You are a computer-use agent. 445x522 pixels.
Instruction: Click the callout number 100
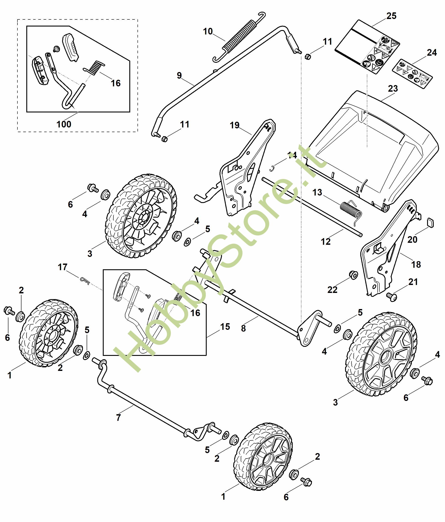64,124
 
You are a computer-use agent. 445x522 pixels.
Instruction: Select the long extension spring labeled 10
239,36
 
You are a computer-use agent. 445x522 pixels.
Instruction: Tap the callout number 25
391,16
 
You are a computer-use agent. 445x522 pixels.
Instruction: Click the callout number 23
393,88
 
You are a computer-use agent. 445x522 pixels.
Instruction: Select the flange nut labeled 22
353,275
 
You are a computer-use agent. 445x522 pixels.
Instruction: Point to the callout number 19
235,125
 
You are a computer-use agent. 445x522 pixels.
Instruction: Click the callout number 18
416,264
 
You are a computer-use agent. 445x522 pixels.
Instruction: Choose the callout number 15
225,326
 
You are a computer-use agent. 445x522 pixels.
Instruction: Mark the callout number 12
325,242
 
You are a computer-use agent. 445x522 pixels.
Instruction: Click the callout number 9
179,75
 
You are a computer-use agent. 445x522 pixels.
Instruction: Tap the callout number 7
118,418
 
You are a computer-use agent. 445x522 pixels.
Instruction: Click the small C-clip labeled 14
271,168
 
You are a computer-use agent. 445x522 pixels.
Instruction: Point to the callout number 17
63,267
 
